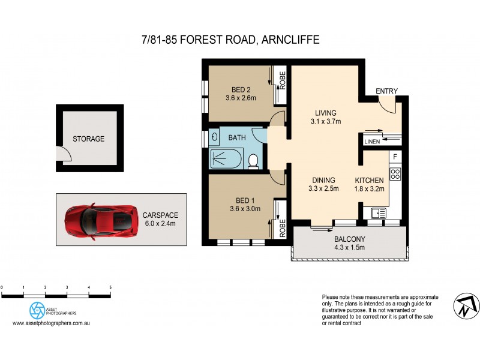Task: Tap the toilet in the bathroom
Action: pos(253,160)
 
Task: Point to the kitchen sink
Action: pos(378,212)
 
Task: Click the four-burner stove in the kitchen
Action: pos(395,174)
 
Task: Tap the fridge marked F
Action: pos(395,157)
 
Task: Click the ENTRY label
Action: pos(386,91)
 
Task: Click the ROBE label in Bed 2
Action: pos(282,81)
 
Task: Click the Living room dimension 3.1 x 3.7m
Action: pos(326,122)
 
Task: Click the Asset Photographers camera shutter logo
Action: pos(37,310)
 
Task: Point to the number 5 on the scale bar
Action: pos(110,288)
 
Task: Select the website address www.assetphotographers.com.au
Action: pos(51,323)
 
